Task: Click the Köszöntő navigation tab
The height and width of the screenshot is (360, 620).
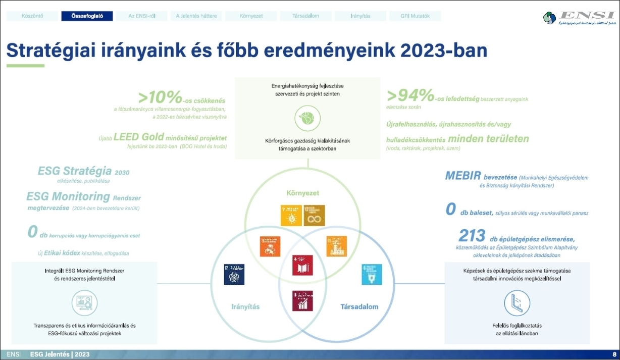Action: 33,16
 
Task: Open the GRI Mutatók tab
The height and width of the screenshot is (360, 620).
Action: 415,16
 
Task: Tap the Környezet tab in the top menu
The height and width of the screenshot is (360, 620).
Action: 251,16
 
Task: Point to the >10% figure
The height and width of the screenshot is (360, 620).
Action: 161,97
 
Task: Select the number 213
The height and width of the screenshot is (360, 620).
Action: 472,235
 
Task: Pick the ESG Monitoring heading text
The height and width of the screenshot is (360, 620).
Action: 68,196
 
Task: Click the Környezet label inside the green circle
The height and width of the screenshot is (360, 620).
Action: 303,193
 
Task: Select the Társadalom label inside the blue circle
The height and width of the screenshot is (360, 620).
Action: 359,306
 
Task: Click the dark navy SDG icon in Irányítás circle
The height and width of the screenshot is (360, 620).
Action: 234,274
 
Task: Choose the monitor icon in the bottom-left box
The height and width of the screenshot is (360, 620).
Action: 84,303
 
